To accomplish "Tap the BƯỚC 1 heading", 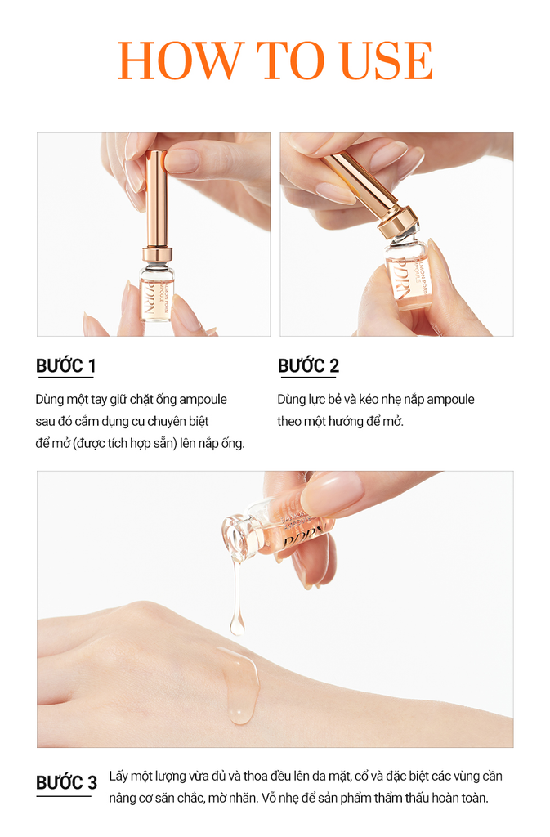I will (x=65, y=366).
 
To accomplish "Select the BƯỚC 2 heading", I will (x=308, y=366).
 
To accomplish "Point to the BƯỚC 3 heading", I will (x=66, y=782).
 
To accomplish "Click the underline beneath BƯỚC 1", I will (x=65, y=378).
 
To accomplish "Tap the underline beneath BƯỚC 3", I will (x=64, y=795).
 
